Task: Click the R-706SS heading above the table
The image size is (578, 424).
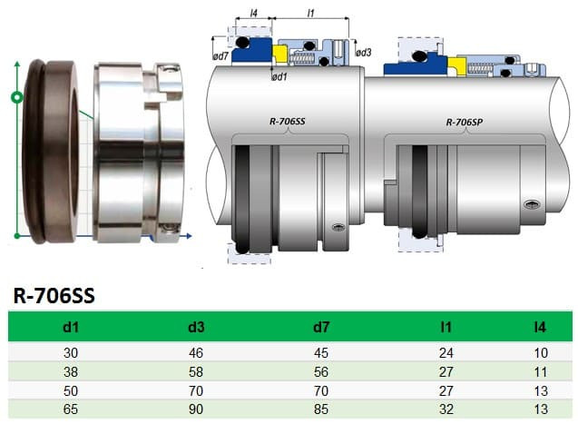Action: coord(54,296)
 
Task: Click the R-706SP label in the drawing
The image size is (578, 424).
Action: coord(465,121)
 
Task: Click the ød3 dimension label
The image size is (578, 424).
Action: coord(364,52)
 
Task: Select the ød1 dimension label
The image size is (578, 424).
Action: coord(280,76)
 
